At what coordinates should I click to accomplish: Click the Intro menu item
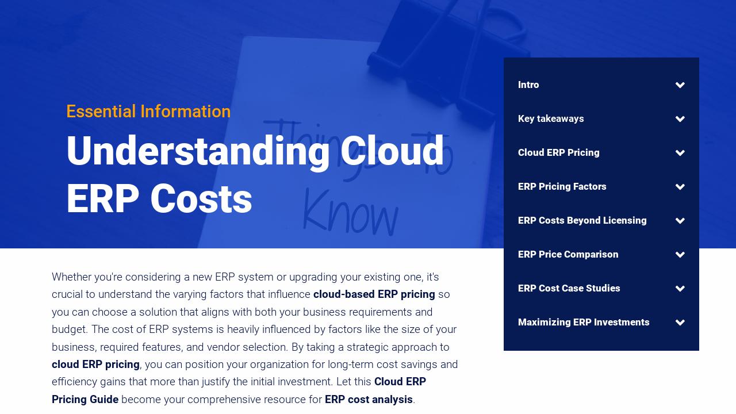click(x=528, y=85)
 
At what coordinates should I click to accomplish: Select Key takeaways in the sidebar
click(x=551, y=119)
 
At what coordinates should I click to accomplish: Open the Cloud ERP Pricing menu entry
click(x=558, y=153)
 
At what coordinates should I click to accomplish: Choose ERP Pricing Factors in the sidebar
click(x=562, y=187)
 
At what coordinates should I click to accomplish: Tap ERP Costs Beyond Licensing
click(x=582, y=221)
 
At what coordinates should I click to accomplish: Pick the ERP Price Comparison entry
click(x=568, y=255)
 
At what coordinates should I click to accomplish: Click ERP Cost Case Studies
click(x=569, y=289)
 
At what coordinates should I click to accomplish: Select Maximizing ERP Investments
click(x=584, y=323)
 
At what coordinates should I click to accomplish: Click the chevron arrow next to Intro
click(x=680, y=85)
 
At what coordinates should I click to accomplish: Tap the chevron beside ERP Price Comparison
click(x=680, y=255)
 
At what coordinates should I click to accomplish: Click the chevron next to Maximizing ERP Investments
click(x=680, y=323)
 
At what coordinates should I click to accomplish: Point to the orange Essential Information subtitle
click(x=148, y=112)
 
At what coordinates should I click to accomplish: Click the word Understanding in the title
click(x=198, y=151)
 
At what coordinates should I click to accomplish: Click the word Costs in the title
click(x=201, y=200)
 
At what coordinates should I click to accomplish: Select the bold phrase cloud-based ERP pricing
click(x=374, y=294)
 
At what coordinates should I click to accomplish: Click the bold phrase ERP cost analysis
click(x=369, y=400)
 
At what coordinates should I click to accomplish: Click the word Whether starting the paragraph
click(x=71, y=277)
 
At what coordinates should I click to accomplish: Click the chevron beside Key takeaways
click(x=680, y=119)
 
